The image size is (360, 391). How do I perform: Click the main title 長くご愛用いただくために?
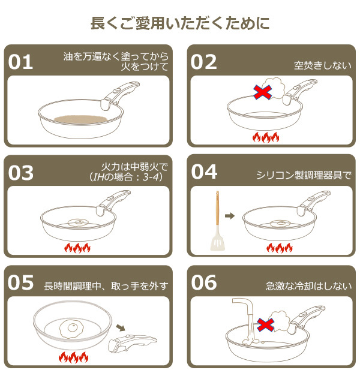(179, 23)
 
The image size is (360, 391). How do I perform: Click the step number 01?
(23, 62)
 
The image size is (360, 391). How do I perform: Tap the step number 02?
(204, 62)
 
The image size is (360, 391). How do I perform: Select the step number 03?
(23, 173)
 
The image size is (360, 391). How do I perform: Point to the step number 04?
(204, 173)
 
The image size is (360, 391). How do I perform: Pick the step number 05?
(23, 283)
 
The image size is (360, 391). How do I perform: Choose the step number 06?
(204, 283)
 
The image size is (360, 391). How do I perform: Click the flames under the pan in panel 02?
(265, 137)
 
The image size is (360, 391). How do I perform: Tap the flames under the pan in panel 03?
(77, 248)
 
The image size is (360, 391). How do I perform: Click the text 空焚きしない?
(322, 65)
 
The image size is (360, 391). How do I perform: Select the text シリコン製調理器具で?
(303, 175)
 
